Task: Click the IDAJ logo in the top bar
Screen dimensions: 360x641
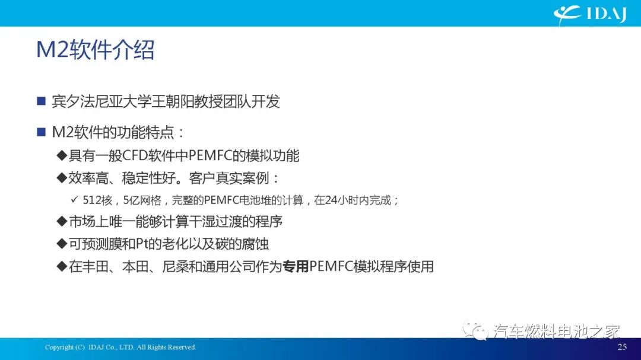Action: click(x=590, y=13)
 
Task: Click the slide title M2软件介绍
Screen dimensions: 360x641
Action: click(x=95, y=50)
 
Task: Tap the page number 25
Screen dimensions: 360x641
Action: click(x=622, y=347)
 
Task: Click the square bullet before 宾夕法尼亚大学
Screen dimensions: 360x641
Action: click(x=41, y=101)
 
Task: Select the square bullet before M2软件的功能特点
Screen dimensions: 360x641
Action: click(x=41, y=132)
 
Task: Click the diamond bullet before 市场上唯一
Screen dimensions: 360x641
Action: click(x=61, y=222)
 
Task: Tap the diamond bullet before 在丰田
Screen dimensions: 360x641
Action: click(x=61, y=266)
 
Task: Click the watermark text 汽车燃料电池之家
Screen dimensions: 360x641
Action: click(x=557, y=331)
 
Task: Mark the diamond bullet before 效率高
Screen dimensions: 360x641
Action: click(x=61, y=178)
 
